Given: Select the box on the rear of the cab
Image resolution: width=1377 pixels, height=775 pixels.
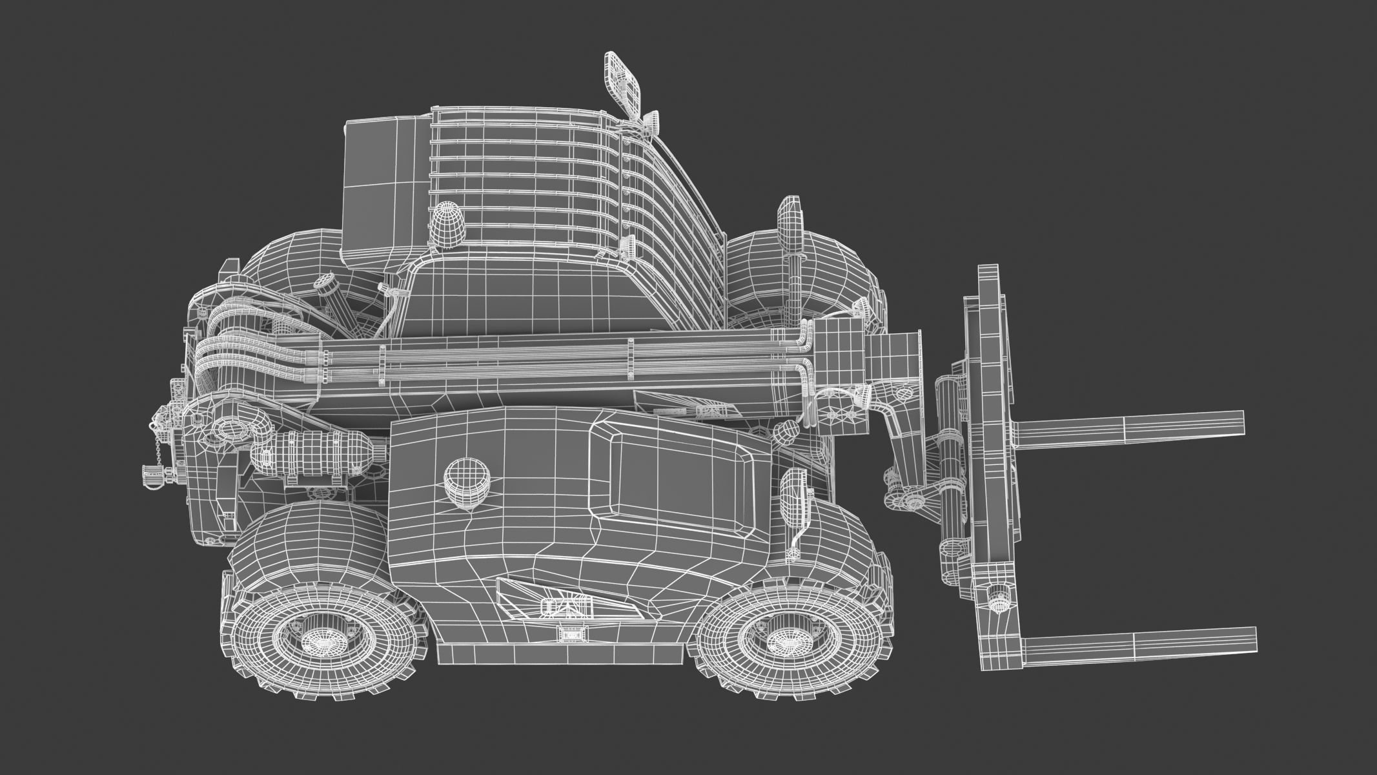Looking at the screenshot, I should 381,187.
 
